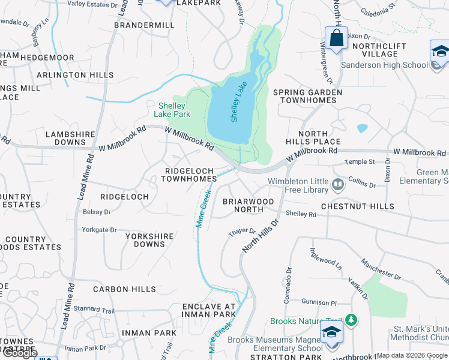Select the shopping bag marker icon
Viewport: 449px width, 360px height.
point(337,38)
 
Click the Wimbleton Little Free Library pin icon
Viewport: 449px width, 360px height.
point(338,184)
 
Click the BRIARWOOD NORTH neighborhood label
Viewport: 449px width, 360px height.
point(249,205)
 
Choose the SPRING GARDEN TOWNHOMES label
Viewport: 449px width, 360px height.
point(307,96)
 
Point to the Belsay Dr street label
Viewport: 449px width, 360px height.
point(97,212)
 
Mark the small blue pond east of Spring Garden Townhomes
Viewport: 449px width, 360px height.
point(362,128)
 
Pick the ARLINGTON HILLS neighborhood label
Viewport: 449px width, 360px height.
point(75,75)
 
